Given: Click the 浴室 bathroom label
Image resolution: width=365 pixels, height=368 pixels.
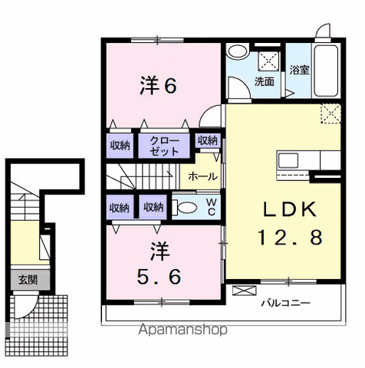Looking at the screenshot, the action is click(x=299, y=70).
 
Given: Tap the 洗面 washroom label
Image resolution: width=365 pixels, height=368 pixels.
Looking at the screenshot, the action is click(x=265, y=82).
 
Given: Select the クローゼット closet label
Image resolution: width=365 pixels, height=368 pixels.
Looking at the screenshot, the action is click(x=164, y=146).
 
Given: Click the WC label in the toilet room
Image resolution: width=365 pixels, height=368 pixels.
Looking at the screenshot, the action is click(x=212, y=207).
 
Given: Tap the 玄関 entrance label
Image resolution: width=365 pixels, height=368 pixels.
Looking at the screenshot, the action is click(x=28, y=281).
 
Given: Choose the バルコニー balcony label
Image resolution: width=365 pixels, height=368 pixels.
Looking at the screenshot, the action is click(x=285, y=303).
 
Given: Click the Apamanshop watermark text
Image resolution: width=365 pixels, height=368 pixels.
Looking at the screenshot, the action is click(x=182, y=330).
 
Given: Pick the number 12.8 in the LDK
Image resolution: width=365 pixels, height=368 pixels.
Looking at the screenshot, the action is click(x=290, y=237).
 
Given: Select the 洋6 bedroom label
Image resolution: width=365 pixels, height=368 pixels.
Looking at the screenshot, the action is click(x=158, y=86).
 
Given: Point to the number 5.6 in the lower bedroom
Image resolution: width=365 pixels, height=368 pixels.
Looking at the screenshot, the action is click(x=159, y=276).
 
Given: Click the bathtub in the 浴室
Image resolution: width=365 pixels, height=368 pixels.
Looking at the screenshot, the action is click(x=326, y=71).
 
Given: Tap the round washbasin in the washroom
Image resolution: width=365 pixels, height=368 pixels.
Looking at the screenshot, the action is click(x=238, y=51).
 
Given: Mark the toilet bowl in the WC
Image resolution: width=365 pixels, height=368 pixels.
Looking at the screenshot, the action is click(x=186, y=207).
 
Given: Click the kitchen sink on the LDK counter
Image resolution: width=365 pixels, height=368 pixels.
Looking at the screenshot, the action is click(x=288, y=160).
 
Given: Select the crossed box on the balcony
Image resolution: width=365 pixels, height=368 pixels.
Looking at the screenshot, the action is click(x=244, y=291).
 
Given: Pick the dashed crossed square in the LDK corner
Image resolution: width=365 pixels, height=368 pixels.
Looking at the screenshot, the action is click(x=330, y=113).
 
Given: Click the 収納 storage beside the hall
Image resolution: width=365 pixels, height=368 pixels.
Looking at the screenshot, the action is click(x=208, y=140).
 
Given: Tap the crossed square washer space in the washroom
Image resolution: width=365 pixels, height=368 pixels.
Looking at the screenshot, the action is click(x=269, y=61).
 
